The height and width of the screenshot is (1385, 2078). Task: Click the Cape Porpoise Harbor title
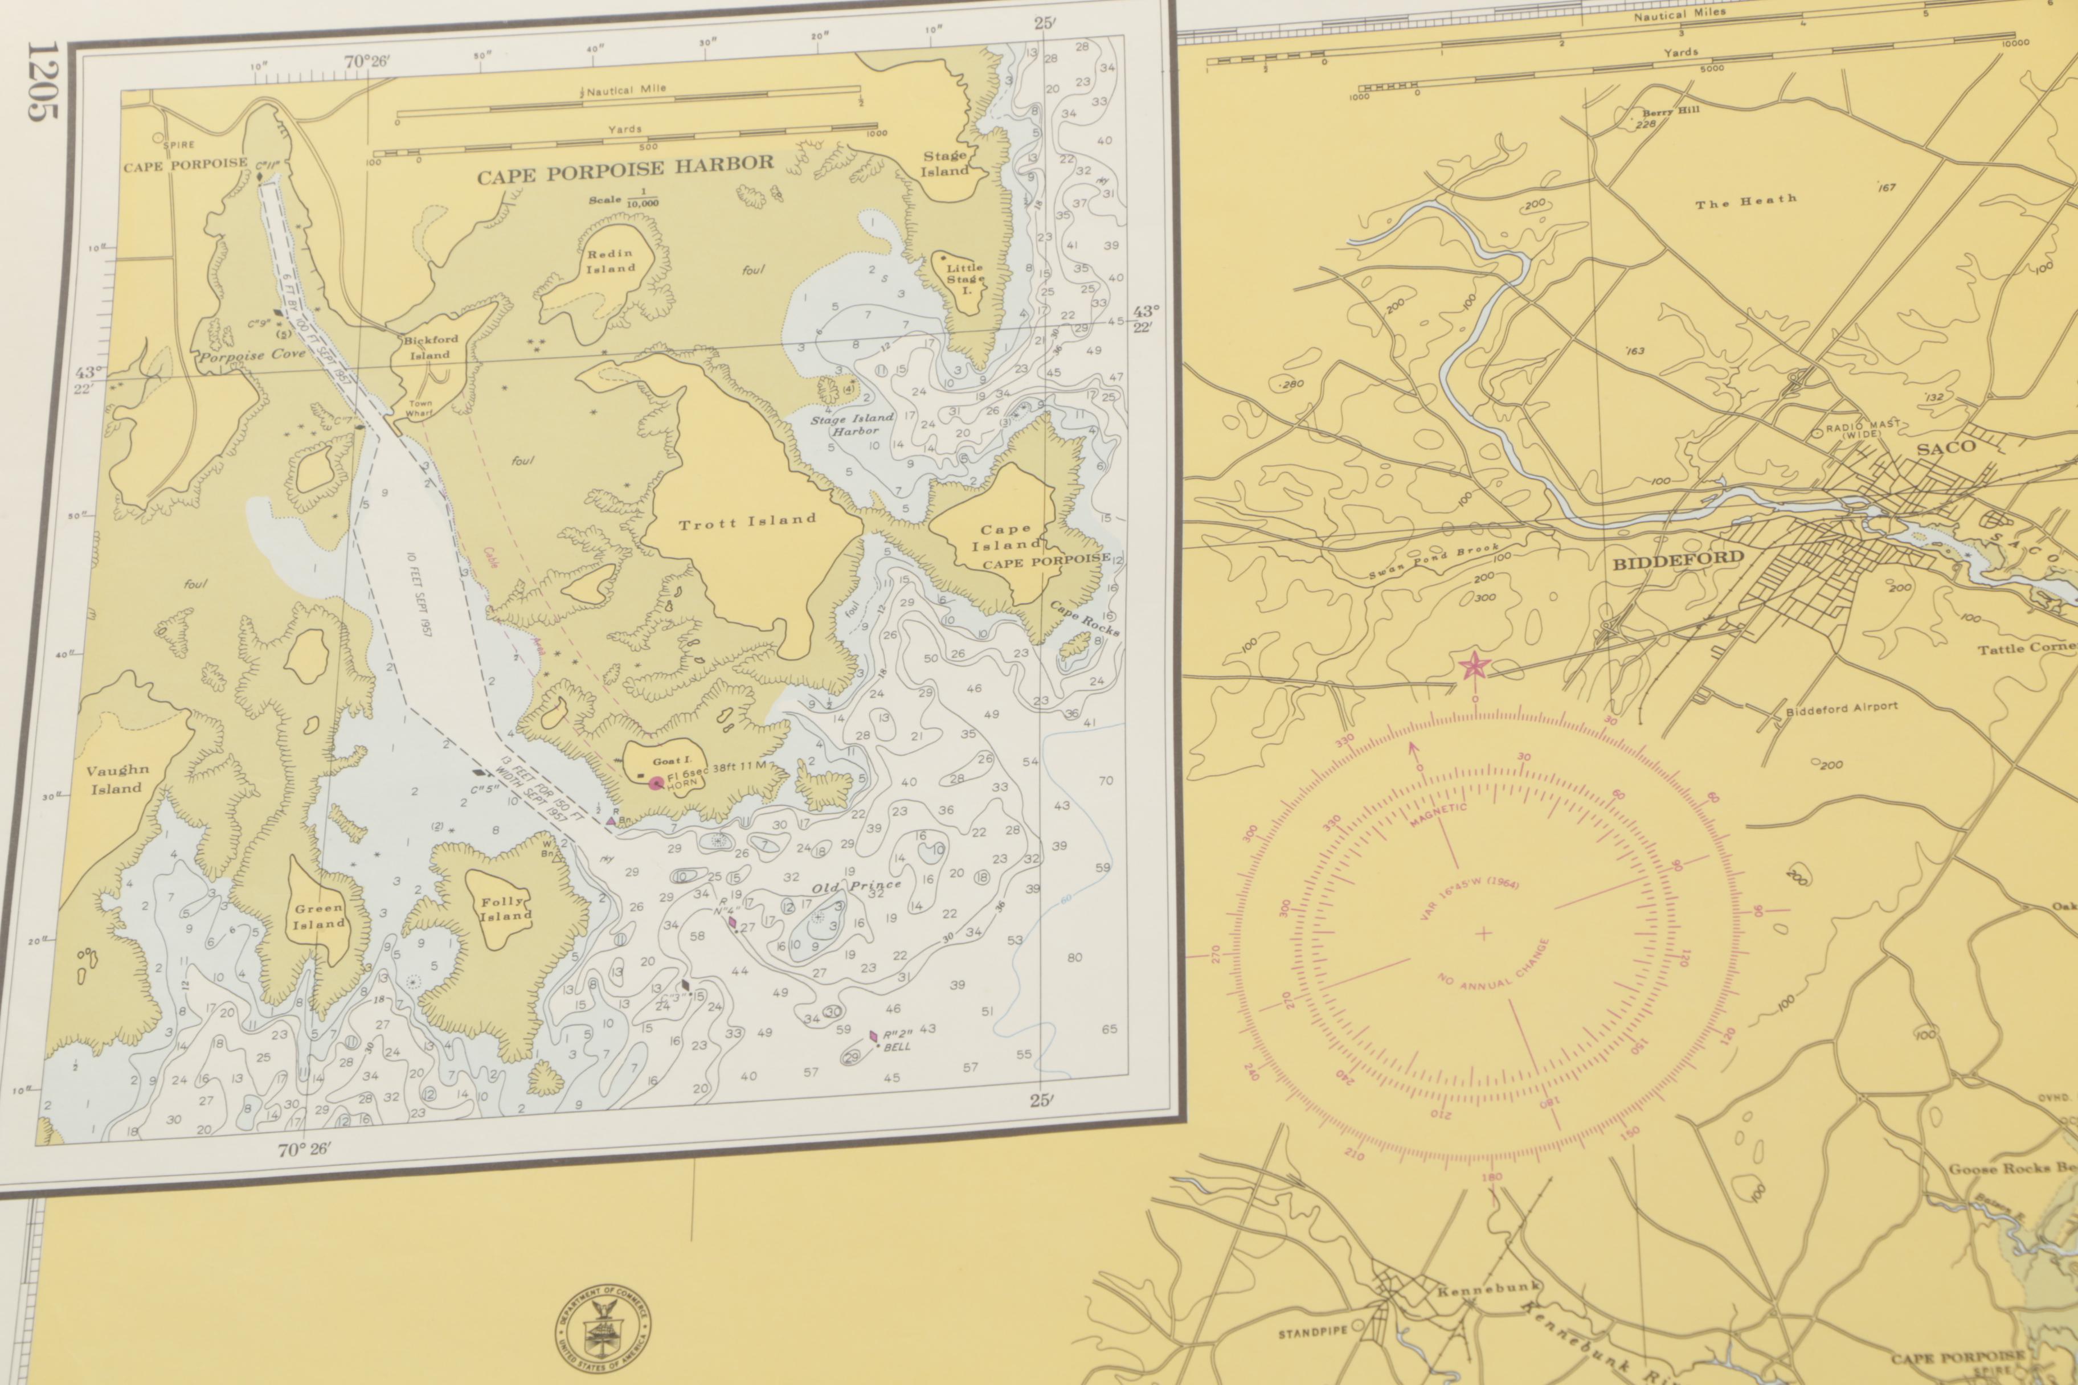point(625,170)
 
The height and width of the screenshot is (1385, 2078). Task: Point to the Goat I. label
point(672,760)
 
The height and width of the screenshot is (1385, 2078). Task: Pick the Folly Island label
point(505,909)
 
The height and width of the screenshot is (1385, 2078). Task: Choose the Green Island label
point(319,916)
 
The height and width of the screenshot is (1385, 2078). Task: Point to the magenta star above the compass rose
point(1474,666)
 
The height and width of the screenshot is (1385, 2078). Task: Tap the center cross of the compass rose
point(1483,933)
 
